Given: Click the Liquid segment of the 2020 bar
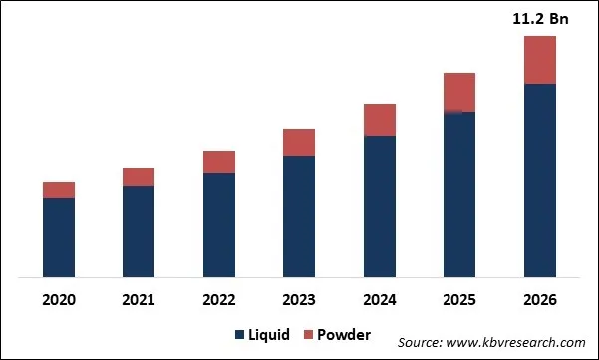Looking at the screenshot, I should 59,237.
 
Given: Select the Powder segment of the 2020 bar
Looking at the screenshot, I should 59,190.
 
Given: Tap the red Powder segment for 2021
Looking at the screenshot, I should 139,177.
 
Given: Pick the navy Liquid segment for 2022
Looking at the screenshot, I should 219,224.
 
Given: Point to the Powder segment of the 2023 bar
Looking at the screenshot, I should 299,142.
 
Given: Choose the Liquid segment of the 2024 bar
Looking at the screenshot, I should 380,205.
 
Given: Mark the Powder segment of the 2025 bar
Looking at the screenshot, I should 459,92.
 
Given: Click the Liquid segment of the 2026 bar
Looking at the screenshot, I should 540,180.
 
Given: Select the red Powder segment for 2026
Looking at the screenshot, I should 540,60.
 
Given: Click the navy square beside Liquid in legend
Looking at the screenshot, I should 240,334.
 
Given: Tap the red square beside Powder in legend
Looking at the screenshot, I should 307,334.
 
